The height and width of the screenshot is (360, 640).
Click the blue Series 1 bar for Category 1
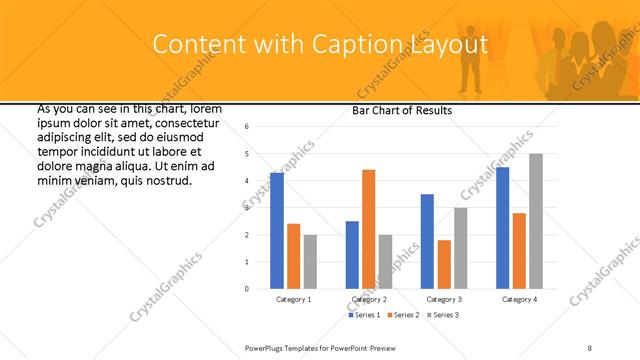coord(277,231)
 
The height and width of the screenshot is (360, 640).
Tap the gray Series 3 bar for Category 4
coord(536,221)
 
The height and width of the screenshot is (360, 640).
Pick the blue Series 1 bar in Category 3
coord(427,241)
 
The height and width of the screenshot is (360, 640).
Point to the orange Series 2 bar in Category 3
coord(444,264)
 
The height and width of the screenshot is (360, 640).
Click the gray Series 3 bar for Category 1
coord(310,261)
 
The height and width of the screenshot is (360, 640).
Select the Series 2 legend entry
coord(403,316)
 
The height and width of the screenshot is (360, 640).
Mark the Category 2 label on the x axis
coord(368,299)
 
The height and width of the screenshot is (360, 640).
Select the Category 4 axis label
coord(519,299)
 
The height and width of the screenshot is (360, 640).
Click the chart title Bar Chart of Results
coord(402,110)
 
